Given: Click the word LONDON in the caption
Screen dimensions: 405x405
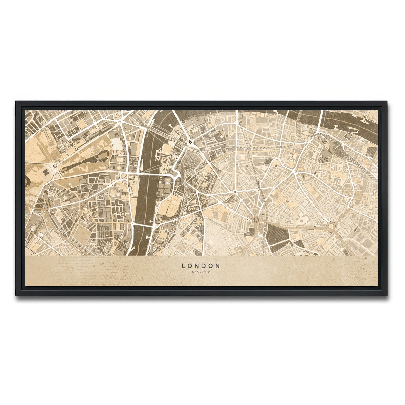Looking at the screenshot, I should (x=201, y=266).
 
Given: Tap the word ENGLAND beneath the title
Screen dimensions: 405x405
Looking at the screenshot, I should (x=201, y=272).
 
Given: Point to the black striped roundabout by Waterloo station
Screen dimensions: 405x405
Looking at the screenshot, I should (x=191, y=143).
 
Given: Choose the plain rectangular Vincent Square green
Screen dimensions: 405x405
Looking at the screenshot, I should (x=81, y=233).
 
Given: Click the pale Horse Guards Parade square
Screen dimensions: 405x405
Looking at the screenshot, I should (x=117, y=145).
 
